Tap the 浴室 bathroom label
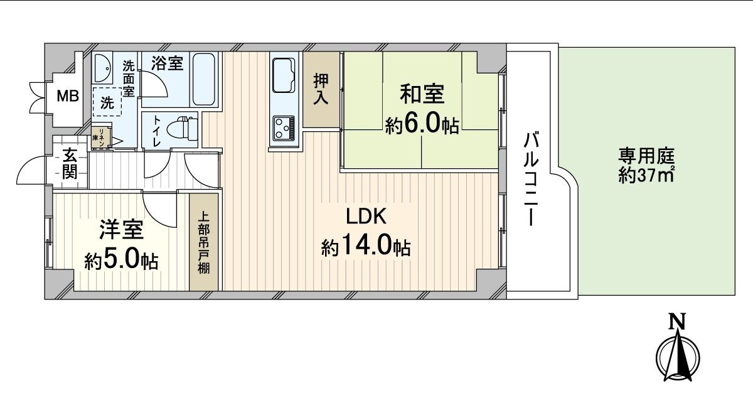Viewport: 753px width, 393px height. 167,63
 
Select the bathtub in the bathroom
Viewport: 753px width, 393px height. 204,80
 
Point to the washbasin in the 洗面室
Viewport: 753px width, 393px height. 104,68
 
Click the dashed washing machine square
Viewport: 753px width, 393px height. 108,103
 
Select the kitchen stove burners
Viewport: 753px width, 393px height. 284,130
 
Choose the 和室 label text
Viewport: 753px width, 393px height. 422,95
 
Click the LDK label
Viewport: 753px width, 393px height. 366,217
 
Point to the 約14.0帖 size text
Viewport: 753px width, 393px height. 366,247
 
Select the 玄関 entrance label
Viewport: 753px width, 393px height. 70,163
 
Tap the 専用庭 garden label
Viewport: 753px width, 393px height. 646,154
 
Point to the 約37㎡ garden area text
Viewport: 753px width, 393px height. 646,176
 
